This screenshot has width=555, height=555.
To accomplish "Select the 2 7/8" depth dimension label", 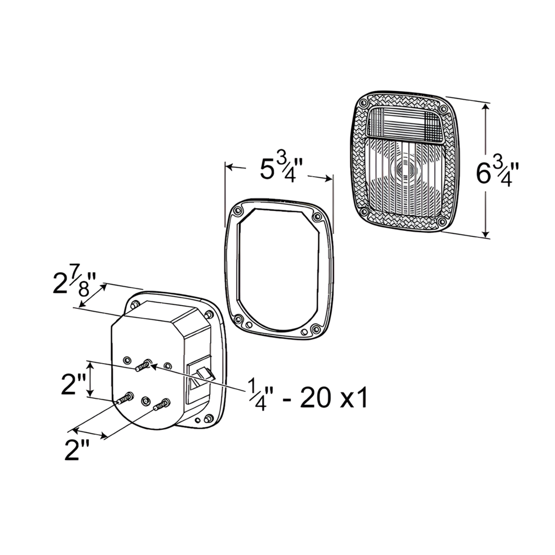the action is pyautogui.click(x=74, y=282).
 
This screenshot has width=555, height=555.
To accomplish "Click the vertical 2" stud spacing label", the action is pyautogui.click(x=74, y=384).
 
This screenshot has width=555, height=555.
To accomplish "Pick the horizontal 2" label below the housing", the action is pyautogui.click(x=77, y=450).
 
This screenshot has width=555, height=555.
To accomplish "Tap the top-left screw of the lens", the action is pyautogui.click(x=363, y=104).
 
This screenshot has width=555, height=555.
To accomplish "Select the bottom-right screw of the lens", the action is pyautogui.click(x=441, y=222).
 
